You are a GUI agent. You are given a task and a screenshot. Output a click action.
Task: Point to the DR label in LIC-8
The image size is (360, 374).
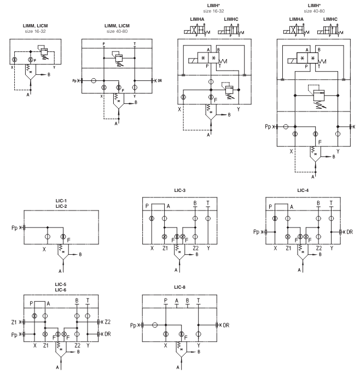point(227,325)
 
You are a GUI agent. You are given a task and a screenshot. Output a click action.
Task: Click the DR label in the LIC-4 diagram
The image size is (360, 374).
point(350,232)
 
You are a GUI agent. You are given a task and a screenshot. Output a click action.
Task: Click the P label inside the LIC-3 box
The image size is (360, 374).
point(147,206)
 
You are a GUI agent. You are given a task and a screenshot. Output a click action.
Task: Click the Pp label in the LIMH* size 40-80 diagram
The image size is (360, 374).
point(268,127)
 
